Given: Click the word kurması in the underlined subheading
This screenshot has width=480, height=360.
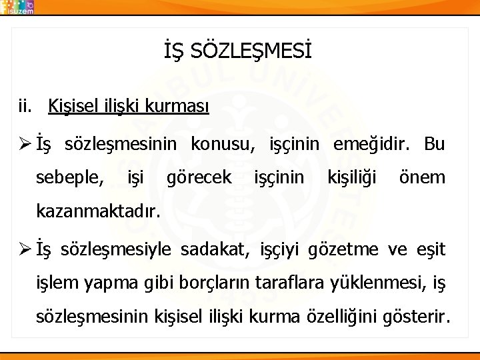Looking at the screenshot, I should tap(183, 106).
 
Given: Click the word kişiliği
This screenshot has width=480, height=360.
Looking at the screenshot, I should tap(351, 178).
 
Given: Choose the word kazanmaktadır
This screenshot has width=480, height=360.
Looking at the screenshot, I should tap(98, 213).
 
